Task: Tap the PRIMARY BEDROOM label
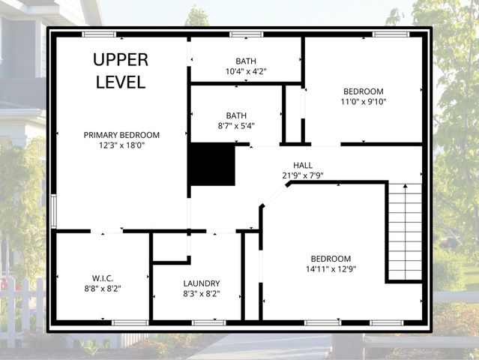121,135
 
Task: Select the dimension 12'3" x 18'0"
121,145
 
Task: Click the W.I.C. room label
103,277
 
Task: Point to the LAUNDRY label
202,283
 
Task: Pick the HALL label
303,165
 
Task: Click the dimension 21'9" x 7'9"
303,175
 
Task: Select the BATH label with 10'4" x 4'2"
246,61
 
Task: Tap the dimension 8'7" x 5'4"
236,126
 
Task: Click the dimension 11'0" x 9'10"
364,102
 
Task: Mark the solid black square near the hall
211,165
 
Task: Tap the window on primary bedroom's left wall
53,211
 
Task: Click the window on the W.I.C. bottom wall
130,322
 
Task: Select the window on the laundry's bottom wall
208,322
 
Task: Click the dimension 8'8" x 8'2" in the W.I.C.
103,288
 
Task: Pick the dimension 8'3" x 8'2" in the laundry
202,294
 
